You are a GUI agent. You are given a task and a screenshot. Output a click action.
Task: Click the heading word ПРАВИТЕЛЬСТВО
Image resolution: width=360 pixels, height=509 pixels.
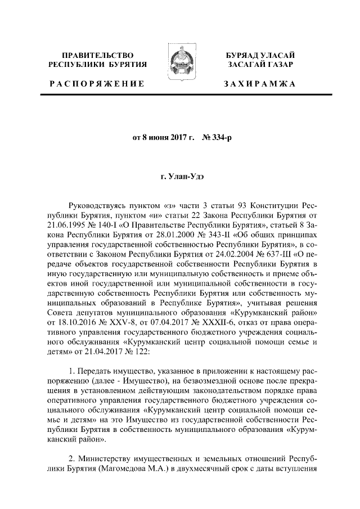coord(98,55)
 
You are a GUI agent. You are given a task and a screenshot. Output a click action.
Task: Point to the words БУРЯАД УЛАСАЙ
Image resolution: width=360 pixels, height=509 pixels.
coord(259,55)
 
